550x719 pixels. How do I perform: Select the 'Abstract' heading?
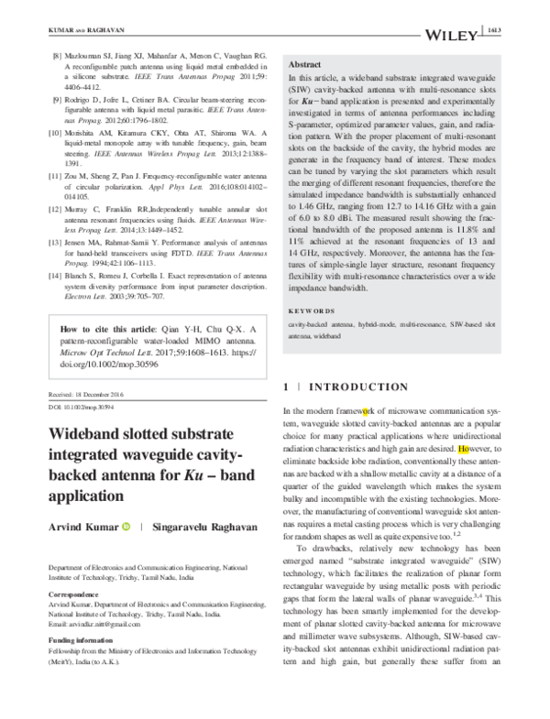tap(304, 67)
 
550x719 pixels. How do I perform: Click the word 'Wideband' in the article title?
tap(89, 435)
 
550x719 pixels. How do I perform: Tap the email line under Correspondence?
tap(90, 625)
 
